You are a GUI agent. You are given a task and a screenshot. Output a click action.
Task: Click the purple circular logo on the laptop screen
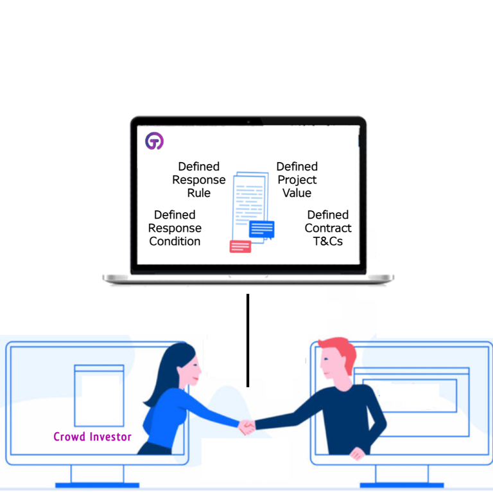[x=154, y=141]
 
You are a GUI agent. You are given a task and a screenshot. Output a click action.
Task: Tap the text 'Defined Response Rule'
[x=199, y=179]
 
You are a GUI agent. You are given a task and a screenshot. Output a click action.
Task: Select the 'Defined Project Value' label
[x=297, y=179]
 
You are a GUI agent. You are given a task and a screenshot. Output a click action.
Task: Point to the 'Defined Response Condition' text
[x=175, y=228]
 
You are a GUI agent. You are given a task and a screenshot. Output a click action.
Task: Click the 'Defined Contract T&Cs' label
[x=328, y=228]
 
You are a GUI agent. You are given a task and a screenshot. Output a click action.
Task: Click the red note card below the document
[x=240, y=246]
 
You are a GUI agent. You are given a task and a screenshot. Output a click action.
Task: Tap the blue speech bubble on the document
[x=262, y=230]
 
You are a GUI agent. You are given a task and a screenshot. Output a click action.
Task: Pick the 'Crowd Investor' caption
[x=92, y=437]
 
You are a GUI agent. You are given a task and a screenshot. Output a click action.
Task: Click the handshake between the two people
[x=247, y=427]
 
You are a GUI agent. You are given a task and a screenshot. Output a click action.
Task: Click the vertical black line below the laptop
[x=248, y=340]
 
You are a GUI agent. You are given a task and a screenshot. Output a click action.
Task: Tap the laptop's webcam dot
[x=248, y=122]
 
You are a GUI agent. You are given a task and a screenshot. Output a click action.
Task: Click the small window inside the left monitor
[x=99, y=396]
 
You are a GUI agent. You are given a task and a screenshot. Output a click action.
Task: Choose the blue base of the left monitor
[x=97, y=485]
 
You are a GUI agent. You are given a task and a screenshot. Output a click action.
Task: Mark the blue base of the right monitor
[x=402, y=485]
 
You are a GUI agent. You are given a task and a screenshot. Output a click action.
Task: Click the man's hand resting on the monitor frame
[x=357, y=454]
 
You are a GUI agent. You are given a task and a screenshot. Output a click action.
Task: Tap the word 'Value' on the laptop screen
[x=297, y=193]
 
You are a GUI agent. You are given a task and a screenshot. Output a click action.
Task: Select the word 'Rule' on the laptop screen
[x=199, y=193]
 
